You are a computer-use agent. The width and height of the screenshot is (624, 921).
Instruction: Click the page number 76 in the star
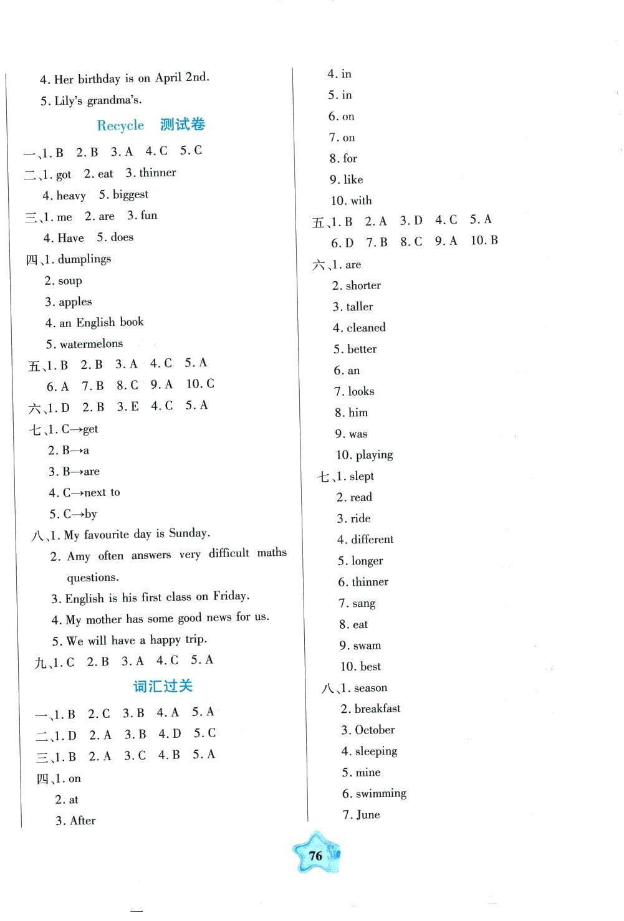tap(316, 856)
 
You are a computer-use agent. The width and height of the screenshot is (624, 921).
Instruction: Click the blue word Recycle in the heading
tap(120, 125)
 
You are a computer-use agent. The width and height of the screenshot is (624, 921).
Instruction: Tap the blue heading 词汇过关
tap(163, 687)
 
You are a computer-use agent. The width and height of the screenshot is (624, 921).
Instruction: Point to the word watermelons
tap(91, 344)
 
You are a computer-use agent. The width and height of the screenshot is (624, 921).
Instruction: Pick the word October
tap(375, 730)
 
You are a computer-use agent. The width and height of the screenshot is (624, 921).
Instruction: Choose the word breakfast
tap(377, 709)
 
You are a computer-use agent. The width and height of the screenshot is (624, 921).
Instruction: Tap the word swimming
tap(381, 793)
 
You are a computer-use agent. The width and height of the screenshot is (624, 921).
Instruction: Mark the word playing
tap(374, 455)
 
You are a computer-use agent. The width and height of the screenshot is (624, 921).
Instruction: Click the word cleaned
tap(366, 328)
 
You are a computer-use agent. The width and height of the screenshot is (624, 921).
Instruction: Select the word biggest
tap(130, 194)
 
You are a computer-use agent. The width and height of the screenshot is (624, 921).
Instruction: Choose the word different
tap(372, 540)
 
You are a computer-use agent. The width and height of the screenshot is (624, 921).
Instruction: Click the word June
tap(368, 814)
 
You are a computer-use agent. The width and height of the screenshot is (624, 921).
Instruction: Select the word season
tap(370, 688)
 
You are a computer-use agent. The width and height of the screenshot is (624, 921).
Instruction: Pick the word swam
tap(367, 646)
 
